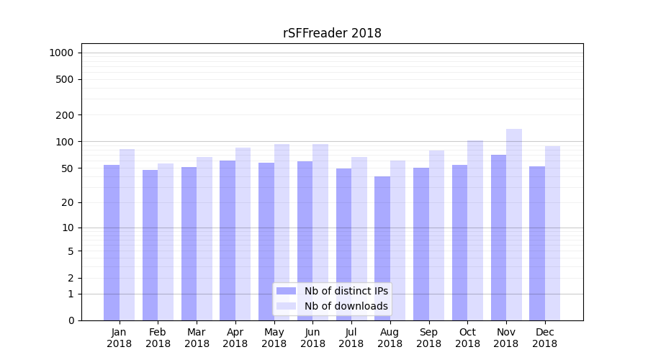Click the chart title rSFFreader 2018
pyautogui.click(x=332, y=33)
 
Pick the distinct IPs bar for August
pyautogui.click(x=382, y=248)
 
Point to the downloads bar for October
pyautogui.click(x=475, y=230)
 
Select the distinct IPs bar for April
pyautogui.click(x=228, y=240)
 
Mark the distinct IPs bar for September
pyautogui.click(x=421, y=244)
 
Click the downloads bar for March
pyautogui.click(x=204, y=238)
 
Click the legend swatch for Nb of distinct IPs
pyautogui.click(x=286, y=291)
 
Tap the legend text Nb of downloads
pyautogui.click(x=346, y=306)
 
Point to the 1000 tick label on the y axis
pyautogui.click(x=61, y=53)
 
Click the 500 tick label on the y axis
pyautogui.click(x=66, y=79)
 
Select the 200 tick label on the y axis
pyautogui.click(x=66, y=115)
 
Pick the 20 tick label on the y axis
pyautogui.click(x=68, y=202)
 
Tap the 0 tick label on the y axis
pyautogui.click(x=71, y=320)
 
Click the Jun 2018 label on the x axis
pyautogui.click(x=312, y=338)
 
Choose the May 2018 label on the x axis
pyautogui.click(x=274, y=338)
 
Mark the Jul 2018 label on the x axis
pyautogui.click(x=351, y=338)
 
